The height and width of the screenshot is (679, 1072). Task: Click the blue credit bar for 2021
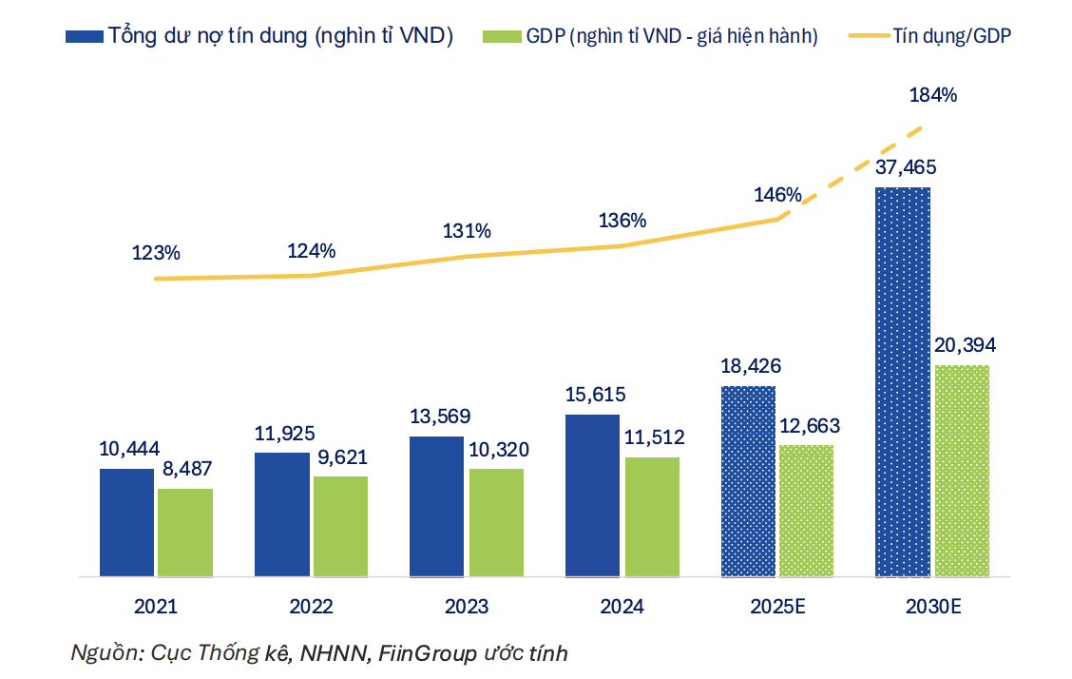pyautogui.click(x=126, y=522)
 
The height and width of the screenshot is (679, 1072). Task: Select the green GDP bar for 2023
pyautogui.click(x=496, y=522)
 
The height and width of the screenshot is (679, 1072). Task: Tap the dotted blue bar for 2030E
pyautogui.click(x=902, y=381)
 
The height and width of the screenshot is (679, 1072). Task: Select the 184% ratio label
pyautogui.click(x=932, y=95)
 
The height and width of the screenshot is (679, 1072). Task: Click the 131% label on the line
pyautogui.click(x=467, y=231)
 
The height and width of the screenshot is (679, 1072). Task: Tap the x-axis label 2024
pyautogui.click(x=622, y=607)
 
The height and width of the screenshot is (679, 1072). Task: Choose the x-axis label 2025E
pyautogui.click(x=776, y=607)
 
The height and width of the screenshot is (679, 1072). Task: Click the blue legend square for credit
pyautogui.click(x=84, y=36)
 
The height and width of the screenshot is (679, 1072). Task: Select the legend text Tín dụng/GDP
pyautogui.click(x=953, y=36)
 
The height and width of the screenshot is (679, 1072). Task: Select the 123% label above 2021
pyautogui.click(x=156, y=254)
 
